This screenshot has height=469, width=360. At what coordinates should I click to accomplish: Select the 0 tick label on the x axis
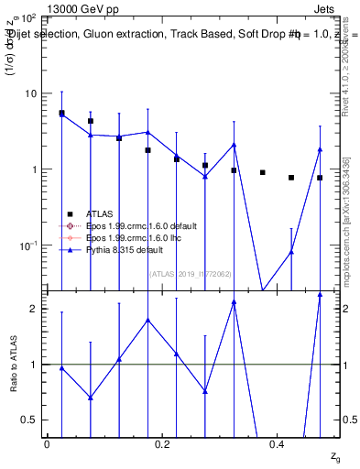pos(47,444)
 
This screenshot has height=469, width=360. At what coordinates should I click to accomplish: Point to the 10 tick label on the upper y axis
pos(30,93)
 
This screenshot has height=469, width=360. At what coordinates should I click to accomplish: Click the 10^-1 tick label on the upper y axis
pos(27,245)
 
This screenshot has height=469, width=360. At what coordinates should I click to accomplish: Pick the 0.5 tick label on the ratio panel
pos(30,420)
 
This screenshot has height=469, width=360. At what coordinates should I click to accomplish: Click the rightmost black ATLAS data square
pos(320,178)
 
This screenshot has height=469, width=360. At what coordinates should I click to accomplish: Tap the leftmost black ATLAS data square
pos(61,114)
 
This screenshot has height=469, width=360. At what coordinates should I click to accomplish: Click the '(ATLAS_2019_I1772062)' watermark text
pos(191,272)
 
